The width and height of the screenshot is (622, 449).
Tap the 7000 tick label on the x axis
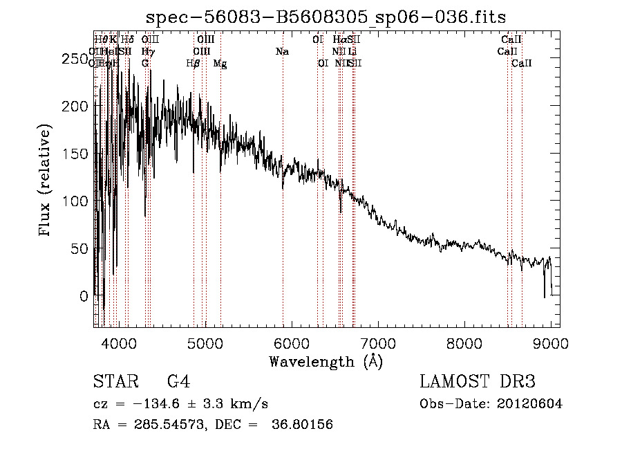pyautogui.click(x=378, y=342)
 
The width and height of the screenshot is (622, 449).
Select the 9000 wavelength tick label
pyautogui.click(x=551, y=342)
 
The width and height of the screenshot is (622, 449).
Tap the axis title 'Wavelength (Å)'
pyautogui.click(x=326, y=361)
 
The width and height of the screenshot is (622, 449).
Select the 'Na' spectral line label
pyautogui.click(x=282, y=52)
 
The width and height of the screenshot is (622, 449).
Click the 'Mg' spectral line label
pyautogui.click(x=220, y=64)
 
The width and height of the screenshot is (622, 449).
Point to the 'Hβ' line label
pyautogui.click(x=194, y=64)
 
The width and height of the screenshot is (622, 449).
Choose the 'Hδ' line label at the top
pyautogui.click(x=127, y=40)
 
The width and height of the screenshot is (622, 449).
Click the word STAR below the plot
pyautogui.click(x=115, y=382)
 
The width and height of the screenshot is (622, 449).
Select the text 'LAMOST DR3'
pyautogui.click(x=478, y=382)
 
